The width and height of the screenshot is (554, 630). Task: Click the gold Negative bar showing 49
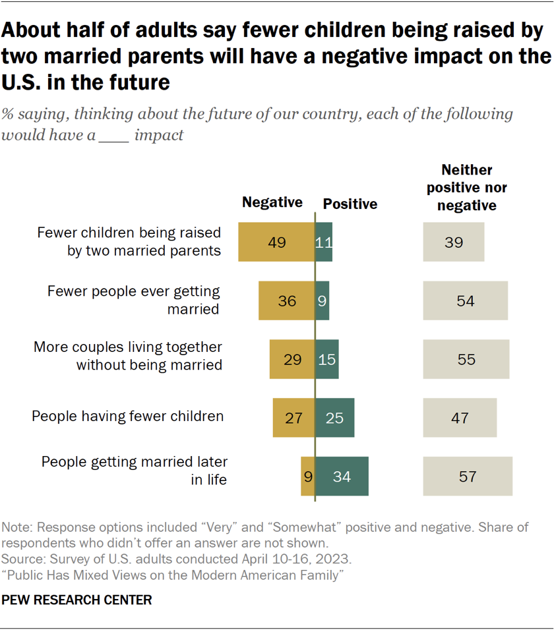pos(276,242)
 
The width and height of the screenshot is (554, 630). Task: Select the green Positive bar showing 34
pos(342,476)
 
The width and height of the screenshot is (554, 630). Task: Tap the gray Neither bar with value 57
pos(468,476)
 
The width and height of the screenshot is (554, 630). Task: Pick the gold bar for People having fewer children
pos(293,417)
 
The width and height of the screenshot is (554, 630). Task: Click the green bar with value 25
pos(334,417)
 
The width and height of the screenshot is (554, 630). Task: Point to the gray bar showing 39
pos(454,242)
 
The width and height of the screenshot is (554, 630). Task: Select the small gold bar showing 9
pos(308,476)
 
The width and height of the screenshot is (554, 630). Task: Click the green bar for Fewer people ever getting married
pos(322,301)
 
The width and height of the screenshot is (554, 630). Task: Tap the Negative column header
pos(272,202)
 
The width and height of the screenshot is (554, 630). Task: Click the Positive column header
pos(350,204)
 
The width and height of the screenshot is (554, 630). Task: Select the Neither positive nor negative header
pos(467,188)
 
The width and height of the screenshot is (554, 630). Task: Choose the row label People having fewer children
pos(128,416)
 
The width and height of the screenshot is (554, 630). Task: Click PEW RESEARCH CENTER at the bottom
pos(77,600)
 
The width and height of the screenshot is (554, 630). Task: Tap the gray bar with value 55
pos(466,360)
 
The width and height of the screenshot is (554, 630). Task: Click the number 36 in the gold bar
pos(286,301)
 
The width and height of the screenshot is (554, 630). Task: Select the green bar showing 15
pos(327,360)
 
